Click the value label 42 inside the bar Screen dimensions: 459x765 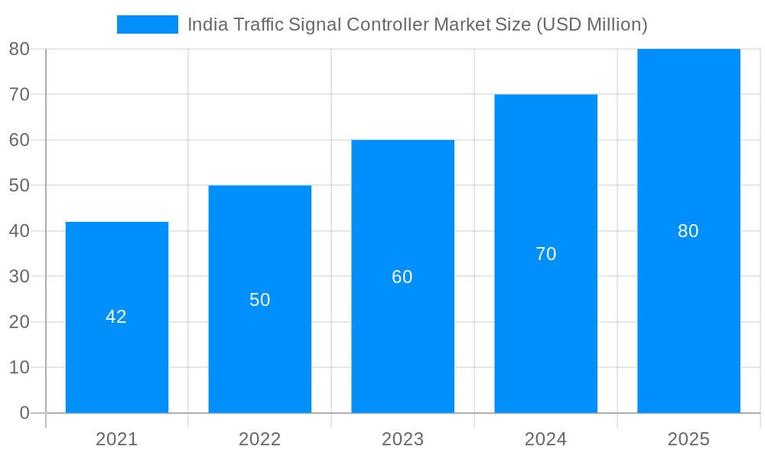click(116, 317)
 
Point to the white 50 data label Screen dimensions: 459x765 click(260, 300)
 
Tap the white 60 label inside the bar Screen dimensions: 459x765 click(402, 277)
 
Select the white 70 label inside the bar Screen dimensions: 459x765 click(545, 254)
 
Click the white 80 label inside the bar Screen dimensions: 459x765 click(688, 231)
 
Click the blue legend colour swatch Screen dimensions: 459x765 click(148, 24)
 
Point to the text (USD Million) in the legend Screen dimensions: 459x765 click(591, 24)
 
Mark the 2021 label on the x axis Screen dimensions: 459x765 click(117, 439)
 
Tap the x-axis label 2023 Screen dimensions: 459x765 click(403, 439)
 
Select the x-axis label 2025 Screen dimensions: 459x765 click(688, 439)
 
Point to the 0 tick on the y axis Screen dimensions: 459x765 click(24, 413)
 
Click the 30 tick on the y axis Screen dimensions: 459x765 click(19, 276)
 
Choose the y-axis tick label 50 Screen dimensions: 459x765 click(19, 185)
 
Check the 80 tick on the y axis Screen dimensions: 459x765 click(19, 49)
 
